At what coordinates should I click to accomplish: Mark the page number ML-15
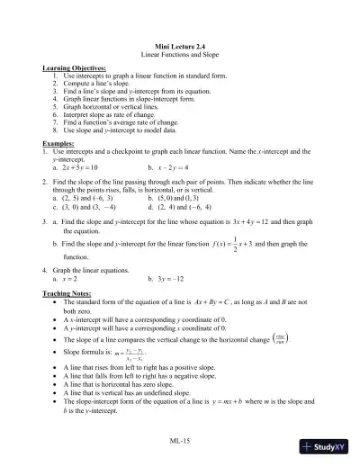pos(180,444)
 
